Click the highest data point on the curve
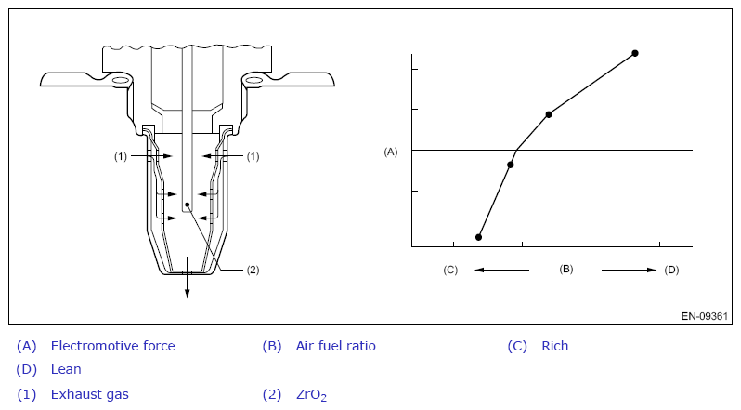click(x=635, y=53)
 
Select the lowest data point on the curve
click(x=479, y=237)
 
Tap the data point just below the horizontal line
click(x=511, y=165)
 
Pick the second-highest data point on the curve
click(x=549, y=114)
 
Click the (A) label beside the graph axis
click(x=391, y=152)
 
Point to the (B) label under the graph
click(x=566, y=269)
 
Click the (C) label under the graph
click(x=450, y=270)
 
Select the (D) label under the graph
click(x=671, y=270)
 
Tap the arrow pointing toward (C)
click(x=501, y=270)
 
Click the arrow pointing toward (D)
click(x=629, y=270)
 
